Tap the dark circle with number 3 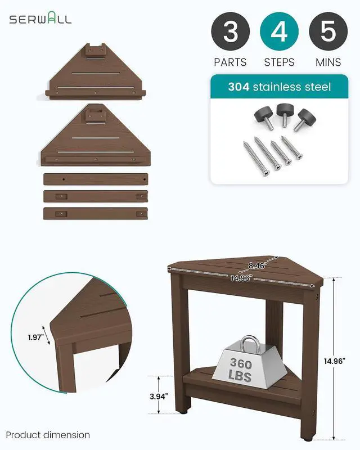[x=230, y=31]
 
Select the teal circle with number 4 [x=279, y=31]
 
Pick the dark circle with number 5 [x=328, y=31]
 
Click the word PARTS [x=230, y=62]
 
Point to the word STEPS [x=279, y=62]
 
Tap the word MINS [x=328, y=62]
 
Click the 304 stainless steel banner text [x=280, y=87]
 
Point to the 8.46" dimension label [x=256, y=265]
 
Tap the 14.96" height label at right [x=335, y=361]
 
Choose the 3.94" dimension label [x=159, y=397]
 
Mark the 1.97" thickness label [x=36, y=337]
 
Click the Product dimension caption [x=48, y=435]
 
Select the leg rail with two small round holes [x=96, y=179]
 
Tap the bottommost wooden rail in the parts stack [x=96, y=214]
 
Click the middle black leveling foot [x=284, y=115]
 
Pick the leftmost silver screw [x=256, y=159]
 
